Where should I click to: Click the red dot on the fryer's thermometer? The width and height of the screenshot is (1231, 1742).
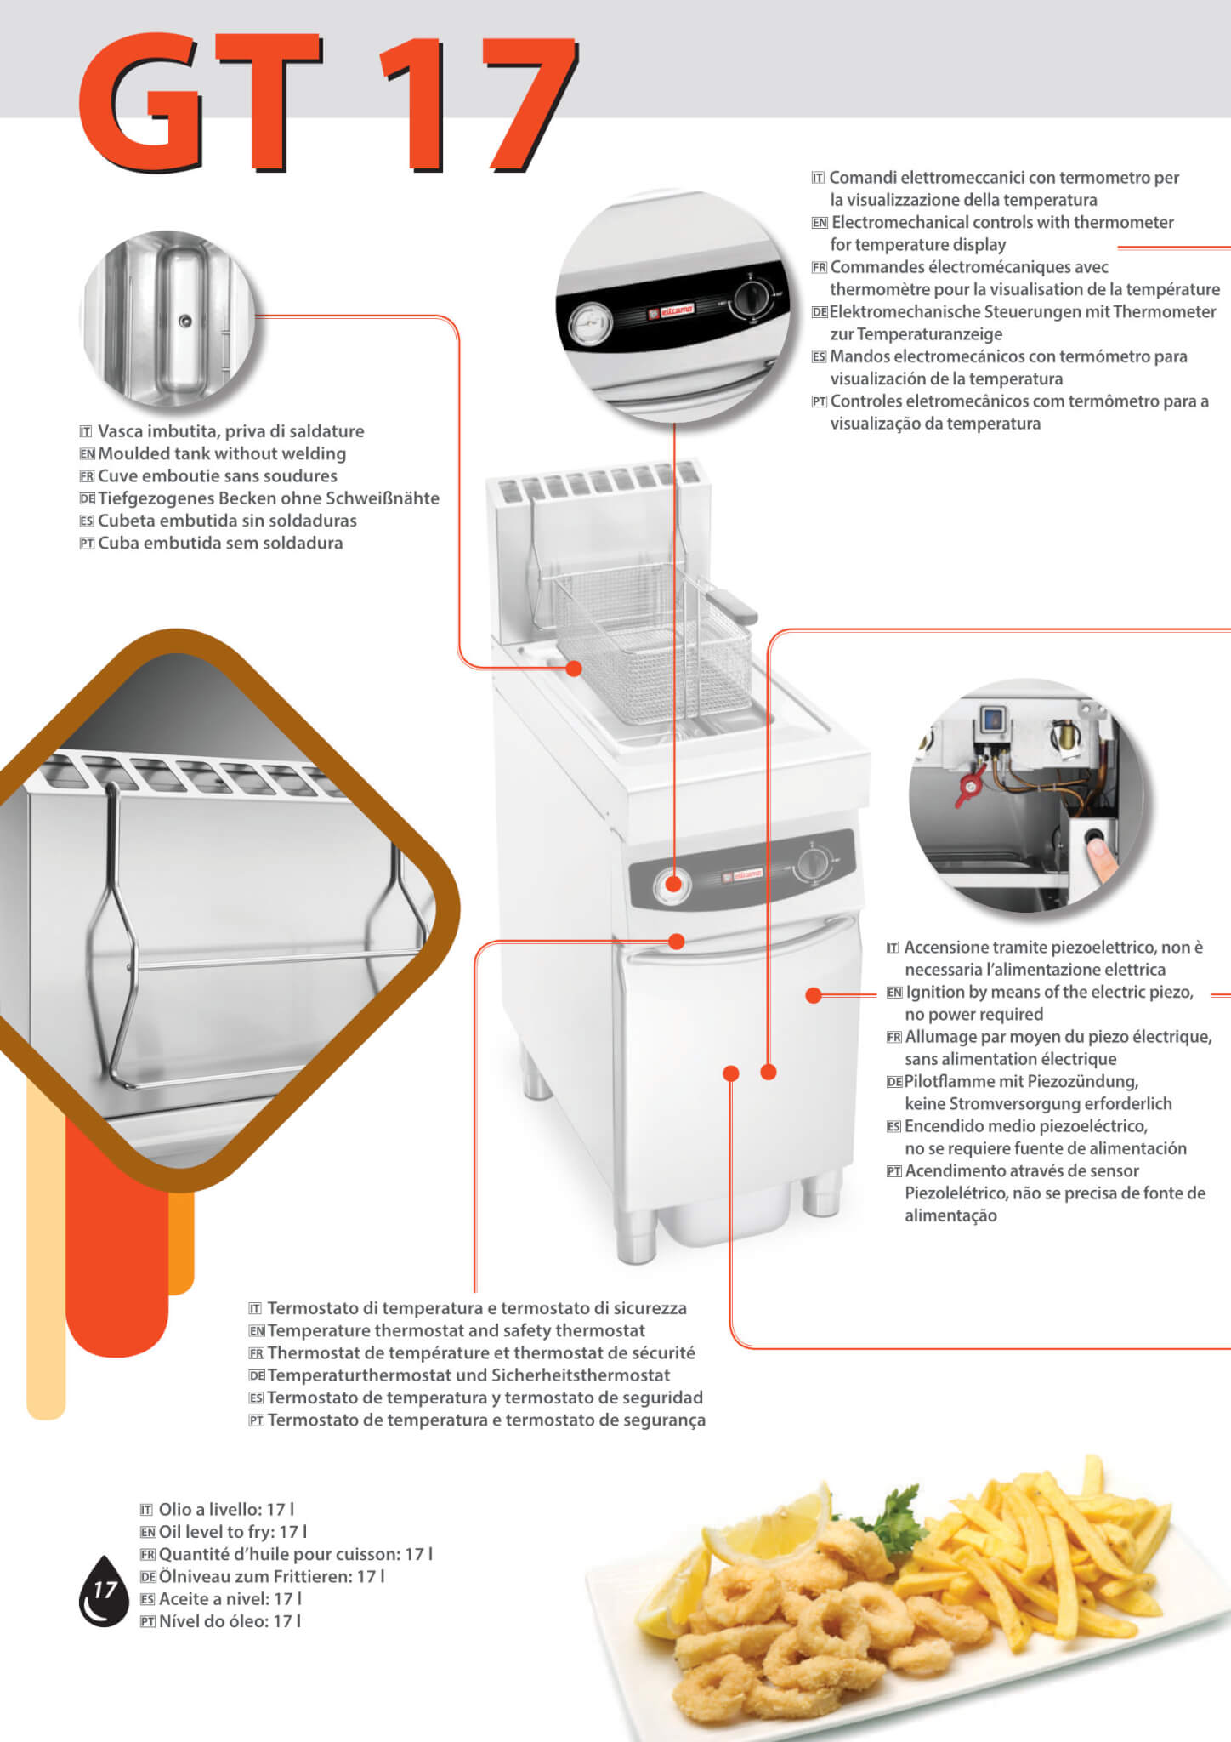pyautogui.click(x=672, y=885)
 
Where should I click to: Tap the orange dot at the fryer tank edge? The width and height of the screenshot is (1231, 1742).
pyautogui.click(x=574, y=669)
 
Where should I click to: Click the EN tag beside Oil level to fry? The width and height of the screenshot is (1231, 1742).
pyautogui.click(x=147, y=1532)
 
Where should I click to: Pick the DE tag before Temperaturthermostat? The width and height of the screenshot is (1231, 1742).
pyautogui.click(x=257, y=1375)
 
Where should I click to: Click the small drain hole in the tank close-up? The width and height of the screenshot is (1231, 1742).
pyautogui.click(x=184, y=322)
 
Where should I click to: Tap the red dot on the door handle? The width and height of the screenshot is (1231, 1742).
pyautogui.click(x=676, y=942)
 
